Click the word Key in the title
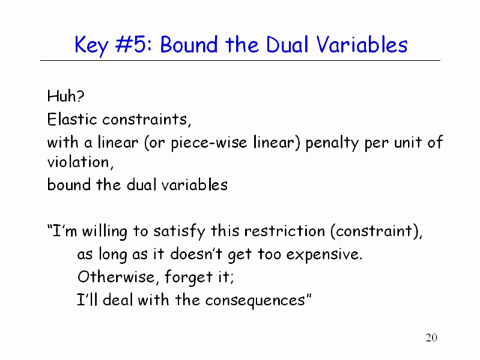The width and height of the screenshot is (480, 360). point(91,46)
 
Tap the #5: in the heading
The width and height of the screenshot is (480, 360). point(133,44)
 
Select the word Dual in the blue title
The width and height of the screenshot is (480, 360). point(286,44)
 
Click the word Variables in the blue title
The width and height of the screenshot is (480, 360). point(361,44)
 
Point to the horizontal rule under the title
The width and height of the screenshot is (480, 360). point(240,60)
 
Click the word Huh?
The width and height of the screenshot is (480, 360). point(65,96)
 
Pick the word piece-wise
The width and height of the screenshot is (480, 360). point(208,143)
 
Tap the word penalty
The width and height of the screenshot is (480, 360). point(332,143)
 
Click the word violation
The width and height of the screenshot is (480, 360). point(78,162)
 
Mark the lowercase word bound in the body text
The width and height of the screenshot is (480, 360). point(69,185)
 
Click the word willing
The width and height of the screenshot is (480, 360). point(104,232)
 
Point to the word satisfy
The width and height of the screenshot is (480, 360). point(179,232)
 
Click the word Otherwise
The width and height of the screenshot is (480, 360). point(115,277)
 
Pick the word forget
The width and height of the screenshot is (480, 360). point(188,277)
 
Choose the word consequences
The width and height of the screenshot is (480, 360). point(255,301)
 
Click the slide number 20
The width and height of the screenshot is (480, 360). point(431,337)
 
